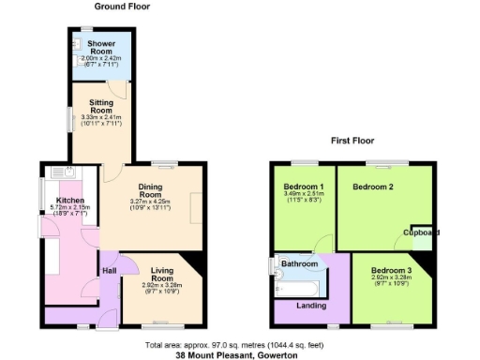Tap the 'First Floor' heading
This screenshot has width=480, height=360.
(x=352, y=141)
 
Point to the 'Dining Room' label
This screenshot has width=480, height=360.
(x=151, y=190)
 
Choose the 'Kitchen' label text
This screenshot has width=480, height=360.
(x=71, y=201)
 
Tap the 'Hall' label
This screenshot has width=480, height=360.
(x=109, y=272)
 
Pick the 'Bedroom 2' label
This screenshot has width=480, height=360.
(x=372, y=187)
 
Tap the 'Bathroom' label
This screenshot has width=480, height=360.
(x=300, y=264)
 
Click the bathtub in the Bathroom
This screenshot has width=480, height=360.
(x=302, y=284)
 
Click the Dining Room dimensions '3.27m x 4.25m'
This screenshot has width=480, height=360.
(x=151, y=202)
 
